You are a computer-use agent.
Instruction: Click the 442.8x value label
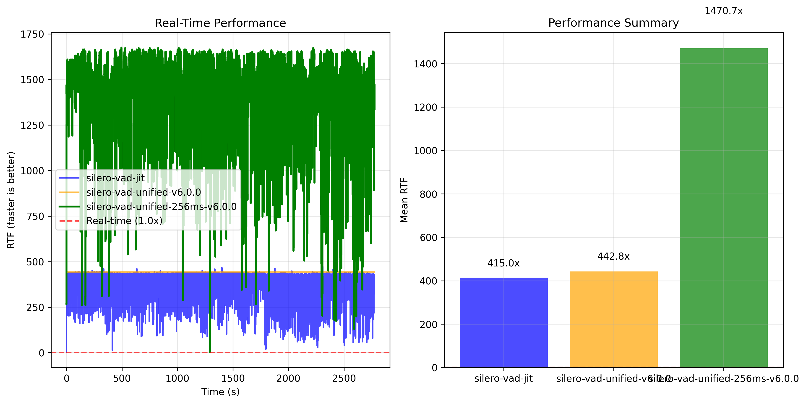point(613,256)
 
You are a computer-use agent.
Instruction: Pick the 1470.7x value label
point(723,11)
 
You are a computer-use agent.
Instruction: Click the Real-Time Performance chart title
point(220,23)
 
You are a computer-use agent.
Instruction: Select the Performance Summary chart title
point(613,23)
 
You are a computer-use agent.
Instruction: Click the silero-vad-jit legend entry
point(115,178)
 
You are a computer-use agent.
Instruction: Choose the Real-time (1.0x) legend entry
point(124,221)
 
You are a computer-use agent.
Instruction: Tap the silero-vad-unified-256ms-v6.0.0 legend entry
point(161,207)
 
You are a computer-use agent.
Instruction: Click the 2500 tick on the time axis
point(344,378)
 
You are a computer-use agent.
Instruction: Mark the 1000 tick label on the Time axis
point(177,378)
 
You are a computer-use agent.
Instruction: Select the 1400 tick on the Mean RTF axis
point(425,64)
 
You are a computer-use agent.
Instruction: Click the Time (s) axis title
point(220,392)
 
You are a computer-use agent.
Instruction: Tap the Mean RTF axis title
point(404,200)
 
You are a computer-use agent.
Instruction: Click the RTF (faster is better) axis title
point(11,200)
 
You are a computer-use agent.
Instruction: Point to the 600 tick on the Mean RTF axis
point(428,238)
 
